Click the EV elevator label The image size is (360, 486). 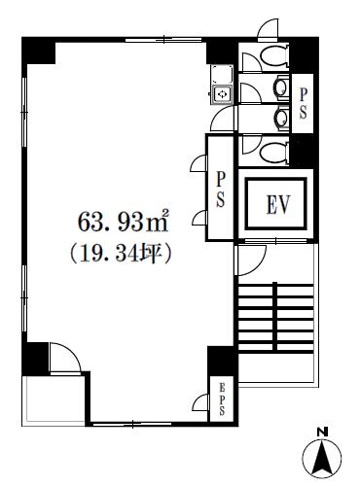278,204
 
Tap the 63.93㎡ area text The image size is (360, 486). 124,222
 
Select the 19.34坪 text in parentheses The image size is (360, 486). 120,254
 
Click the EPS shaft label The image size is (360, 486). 222,399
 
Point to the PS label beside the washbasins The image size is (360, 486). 303,103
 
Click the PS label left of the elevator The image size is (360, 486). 220,190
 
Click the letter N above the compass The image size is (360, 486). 322,432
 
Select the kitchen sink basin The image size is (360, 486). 223,94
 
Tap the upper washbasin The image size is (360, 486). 281,87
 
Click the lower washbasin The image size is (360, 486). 281,118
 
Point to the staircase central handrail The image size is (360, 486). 275,317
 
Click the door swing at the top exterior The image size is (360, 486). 268,29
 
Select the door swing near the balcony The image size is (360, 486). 65,358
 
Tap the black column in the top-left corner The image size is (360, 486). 38,51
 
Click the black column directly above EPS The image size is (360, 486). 222,361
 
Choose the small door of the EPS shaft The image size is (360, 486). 200,402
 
